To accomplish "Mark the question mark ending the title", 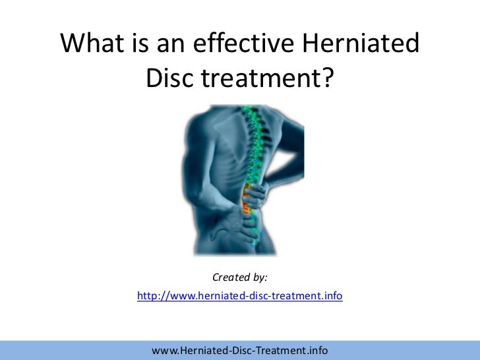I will click(x=328, y=79).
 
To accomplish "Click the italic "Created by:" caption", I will click(x=239, y=278).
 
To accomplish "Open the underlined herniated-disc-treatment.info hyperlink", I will click(x=239, y=297).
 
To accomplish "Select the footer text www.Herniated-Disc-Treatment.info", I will click(x=239, y=349).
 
